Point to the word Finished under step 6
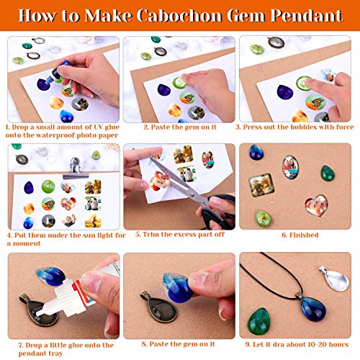pyautogui.click(x=296, y=235)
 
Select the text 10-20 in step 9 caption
pyautogui.click(x=316, y=344)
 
